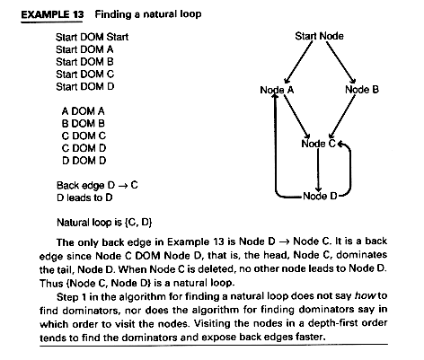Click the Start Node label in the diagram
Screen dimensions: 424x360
[319, 36]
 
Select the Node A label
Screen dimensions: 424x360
[277, 90]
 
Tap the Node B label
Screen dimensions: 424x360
[362, 90]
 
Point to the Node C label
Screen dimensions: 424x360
[319, 144]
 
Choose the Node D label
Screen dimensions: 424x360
[320, 197]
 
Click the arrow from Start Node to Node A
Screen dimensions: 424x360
[298, 62]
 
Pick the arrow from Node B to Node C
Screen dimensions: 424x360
[342, 117]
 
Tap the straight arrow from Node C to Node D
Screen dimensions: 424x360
[318, 170]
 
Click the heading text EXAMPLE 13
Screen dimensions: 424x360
[52, 14]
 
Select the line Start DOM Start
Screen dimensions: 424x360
[92, 37]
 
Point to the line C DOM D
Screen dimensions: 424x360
[84, 148]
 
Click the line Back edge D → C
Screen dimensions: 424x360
[97, 186]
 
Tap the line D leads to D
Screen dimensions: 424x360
[84, 198]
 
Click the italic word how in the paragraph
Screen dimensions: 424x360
[366, 296]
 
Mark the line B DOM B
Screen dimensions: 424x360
[84, 124]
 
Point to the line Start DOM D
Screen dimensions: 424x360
[85, 87]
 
